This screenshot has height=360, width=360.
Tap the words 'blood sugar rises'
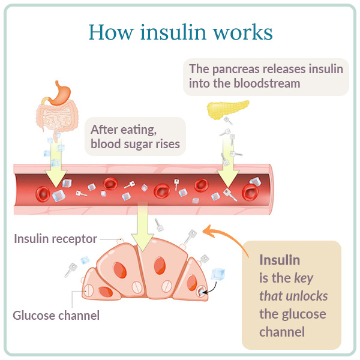pos(135,144)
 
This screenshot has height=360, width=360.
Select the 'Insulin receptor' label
pos(55,239)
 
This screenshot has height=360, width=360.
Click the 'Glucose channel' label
pos(56,314)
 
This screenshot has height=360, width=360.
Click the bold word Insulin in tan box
pos(279,260)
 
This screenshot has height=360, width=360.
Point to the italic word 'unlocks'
pos(306,296)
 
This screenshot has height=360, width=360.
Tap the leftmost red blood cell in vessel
pos(43,193)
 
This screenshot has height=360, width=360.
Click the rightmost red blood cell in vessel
pos(250,192)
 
